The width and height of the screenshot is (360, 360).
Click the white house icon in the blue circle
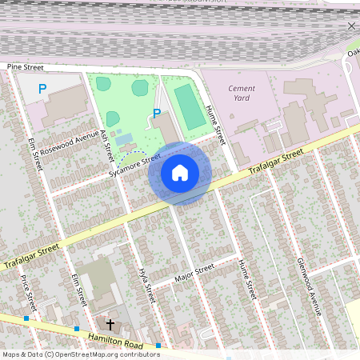[x=180, y=173]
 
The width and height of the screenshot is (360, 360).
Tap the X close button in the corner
[x=350, y=26]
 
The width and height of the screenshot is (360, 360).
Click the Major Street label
[x=194, y=273]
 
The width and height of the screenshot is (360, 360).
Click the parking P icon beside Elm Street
[x=42, y=90]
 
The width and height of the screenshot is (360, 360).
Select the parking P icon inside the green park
[x=157, y=114]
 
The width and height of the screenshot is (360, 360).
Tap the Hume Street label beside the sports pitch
[x=216, y=126]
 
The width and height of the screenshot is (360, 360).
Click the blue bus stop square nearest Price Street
[x=26, y=318]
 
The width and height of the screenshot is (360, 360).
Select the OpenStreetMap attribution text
[x=80, y=354]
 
